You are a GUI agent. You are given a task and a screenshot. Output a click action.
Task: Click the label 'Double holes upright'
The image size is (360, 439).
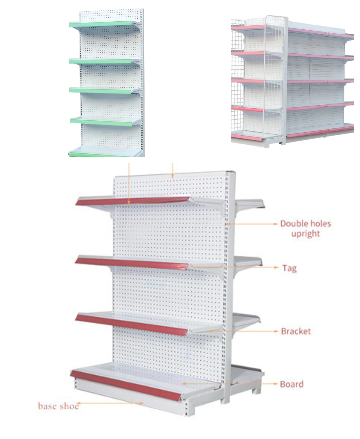[x=305, y=228]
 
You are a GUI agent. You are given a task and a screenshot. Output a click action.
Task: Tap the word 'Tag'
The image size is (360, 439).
[x=289, y=268]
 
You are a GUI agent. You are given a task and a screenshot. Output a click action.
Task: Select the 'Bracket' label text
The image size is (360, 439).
[x=296, y=331]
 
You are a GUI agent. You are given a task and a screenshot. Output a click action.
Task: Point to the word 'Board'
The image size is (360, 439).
[x=291, y=384]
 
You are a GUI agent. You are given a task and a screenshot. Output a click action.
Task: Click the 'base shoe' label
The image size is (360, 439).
[x=58, y=406]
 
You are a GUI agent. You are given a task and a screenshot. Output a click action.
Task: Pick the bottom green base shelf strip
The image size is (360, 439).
[x=102, y=155]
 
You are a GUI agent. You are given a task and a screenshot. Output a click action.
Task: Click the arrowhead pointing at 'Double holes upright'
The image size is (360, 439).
[x=276, y=224]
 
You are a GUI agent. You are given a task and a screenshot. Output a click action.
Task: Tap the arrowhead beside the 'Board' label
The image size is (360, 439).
[x=276, y=384]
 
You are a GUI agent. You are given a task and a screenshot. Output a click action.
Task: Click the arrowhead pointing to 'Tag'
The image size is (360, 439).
[x=276, y=267]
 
